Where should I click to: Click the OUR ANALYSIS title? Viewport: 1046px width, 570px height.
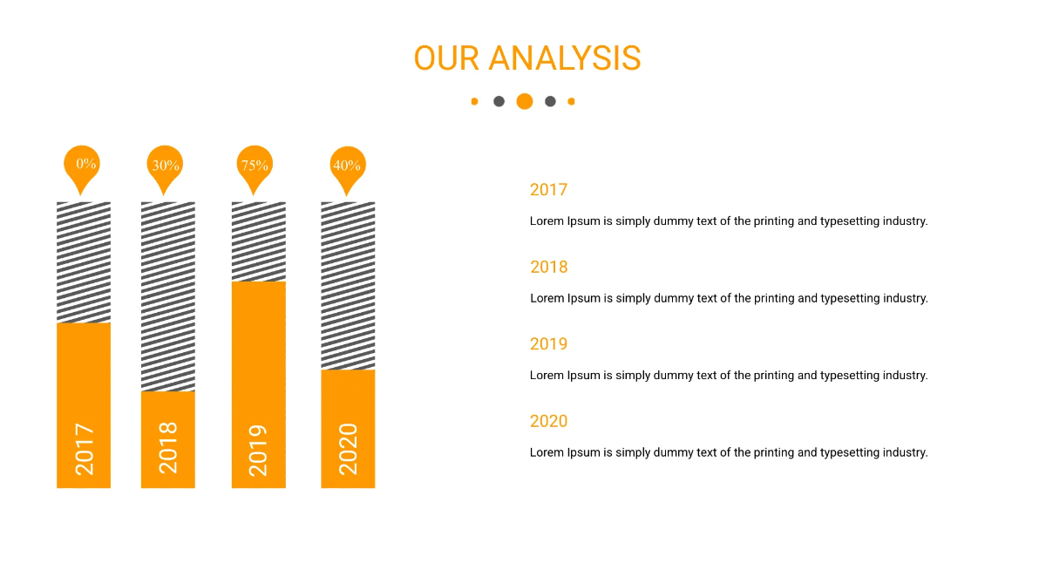(x=526, y=58)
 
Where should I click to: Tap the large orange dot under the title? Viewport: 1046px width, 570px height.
(x=524, y=101)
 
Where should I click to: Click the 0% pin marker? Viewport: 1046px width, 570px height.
(x=82, y=165)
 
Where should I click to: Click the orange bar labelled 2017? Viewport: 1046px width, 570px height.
(x=84, y=405)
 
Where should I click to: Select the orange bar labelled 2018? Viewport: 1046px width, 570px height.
(x=168, y=439)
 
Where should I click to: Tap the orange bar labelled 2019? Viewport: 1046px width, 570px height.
(x=258, y=384)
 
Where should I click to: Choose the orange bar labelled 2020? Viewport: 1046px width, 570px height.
(x=348, y=428)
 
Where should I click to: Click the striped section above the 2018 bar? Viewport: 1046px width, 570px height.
(x=168, y=296)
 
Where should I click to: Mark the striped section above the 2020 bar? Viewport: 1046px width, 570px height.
(x=348, y=285)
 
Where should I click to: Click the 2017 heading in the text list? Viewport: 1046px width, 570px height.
(x=548, y=190)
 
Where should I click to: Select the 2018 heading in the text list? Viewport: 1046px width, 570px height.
(x=548, y=267)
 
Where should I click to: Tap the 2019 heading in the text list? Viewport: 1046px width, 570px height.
(x=548, y=344)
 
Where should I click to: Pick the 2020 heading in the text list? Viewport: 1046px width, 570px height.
(x=548, y=421)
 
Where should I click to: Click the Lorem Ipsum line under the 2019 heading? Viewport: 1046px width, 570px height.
(x=728, y=376)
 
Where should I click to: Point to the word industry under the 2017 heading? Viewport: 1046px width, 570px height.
(x=904, y=221)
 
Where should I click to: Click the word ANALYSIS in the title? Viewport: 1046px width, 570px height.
(x=564, y=58)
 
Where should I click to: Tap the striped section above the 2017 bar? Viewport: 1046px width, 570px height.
(x=84, y=262)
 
